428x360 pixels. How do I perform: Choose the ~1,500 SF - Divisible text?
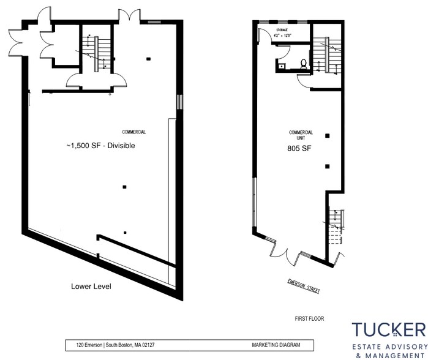click(100, 146)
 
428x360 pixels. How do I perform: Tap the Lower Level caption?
click(91, 286)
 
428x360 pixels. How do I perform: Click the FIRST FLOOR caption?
click(308, 319)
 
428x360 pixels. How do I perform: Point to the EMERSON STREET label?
click(304, 286)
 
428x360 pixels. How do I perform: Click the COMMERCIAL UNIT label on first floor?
click(301, 135)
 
